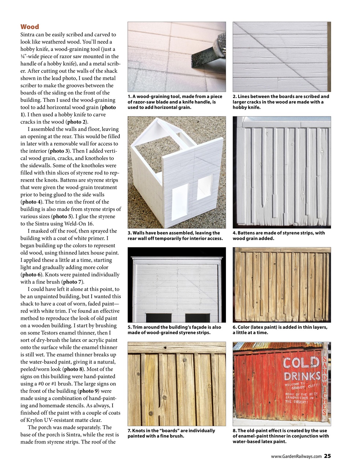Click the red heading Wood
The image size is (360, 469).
[29, 27]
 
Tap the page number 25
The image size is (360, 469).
[327, 456]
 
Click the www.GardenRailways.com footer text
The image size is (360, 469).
[296, 456]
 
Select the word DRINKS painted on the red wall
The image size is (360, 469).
[302, 376]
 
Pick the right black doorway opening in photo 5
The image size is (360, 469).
[197, 318]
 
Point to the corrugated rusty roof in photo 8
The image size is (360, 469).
[278, 346]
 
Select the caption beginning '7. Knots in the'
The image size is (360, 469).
[171, 433]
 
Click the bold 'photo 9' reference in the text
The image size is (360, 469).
[91, 391]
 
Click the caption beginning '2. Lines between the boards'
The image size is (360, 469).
[281, 102]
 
